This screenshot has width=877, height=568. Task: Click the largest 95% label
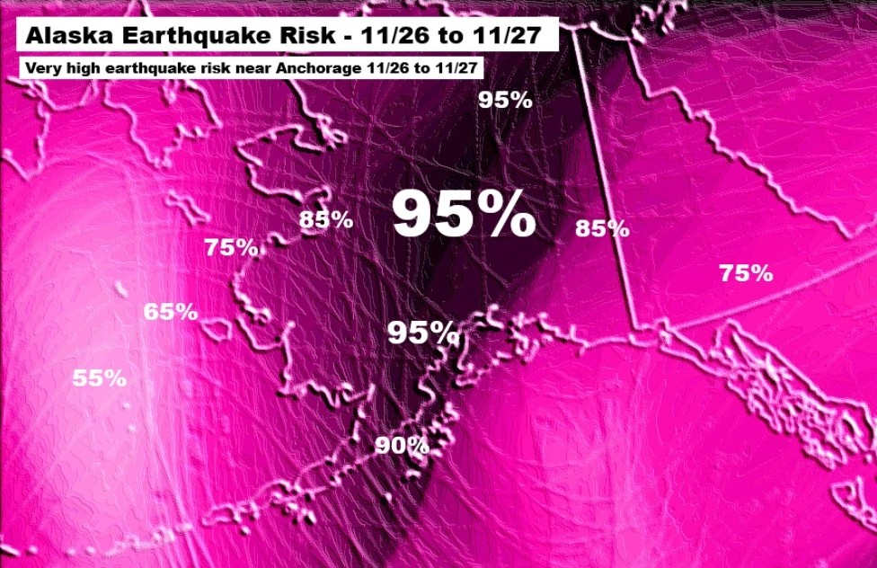pyautogui.click(x=464, y=216)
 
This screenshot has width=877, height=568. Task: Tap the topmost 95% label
pyautogui.click(x=505, y=100)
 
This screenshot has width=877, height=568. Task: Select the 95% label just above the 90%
pyautogui.click(x=423, y=333)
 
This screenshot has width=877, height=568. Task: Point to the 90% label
pyautogui.click(x=402, y=445)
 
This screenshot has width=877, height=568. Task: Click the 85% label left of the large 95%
pyautogui.click(x=326, y=219)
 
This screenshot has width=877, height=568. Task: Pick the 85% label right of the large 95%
pyautogui.click(x=602, y=229)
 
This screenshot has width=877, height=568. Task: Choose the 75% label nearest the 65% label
pyautogui.click(x=232, y=247)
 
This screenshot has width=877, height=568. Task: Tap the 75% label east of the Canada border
pyautogui.click(x=746, y=273)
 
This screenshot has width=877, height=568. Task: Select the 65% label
pyautogui.click(x=171, y=313)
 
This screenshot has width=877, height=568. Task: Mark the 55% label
pyautogui.click(x=99, y=378)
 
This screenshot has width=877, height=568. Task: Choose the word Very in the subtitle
pyautogui.click(x=43, y=68)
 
